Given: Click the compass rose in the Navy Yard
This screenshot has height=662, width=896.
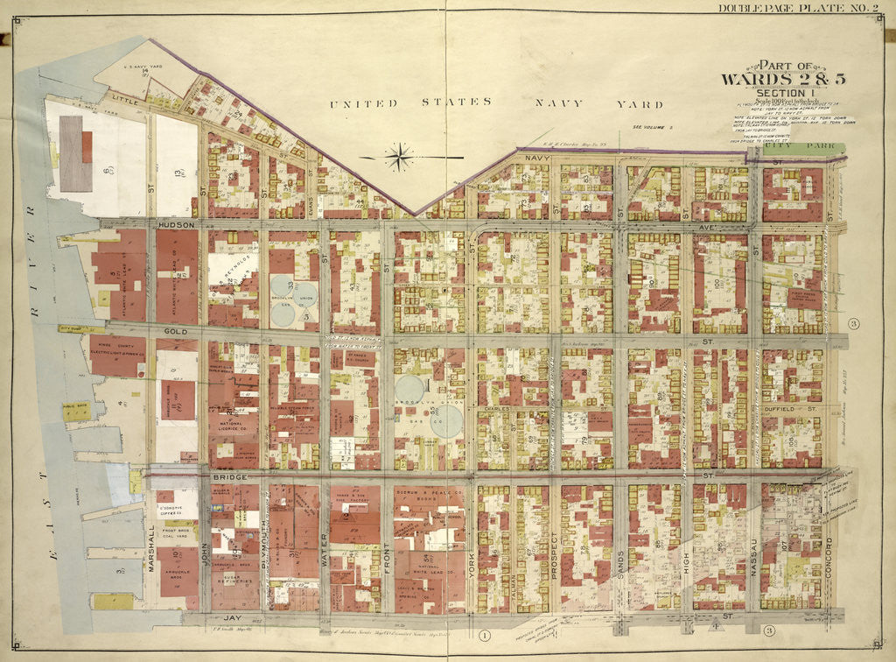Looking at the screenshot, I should click(398, 158).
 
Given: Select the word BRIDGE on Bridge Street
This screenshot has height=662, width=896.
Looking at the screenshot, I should click(226, 478).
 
